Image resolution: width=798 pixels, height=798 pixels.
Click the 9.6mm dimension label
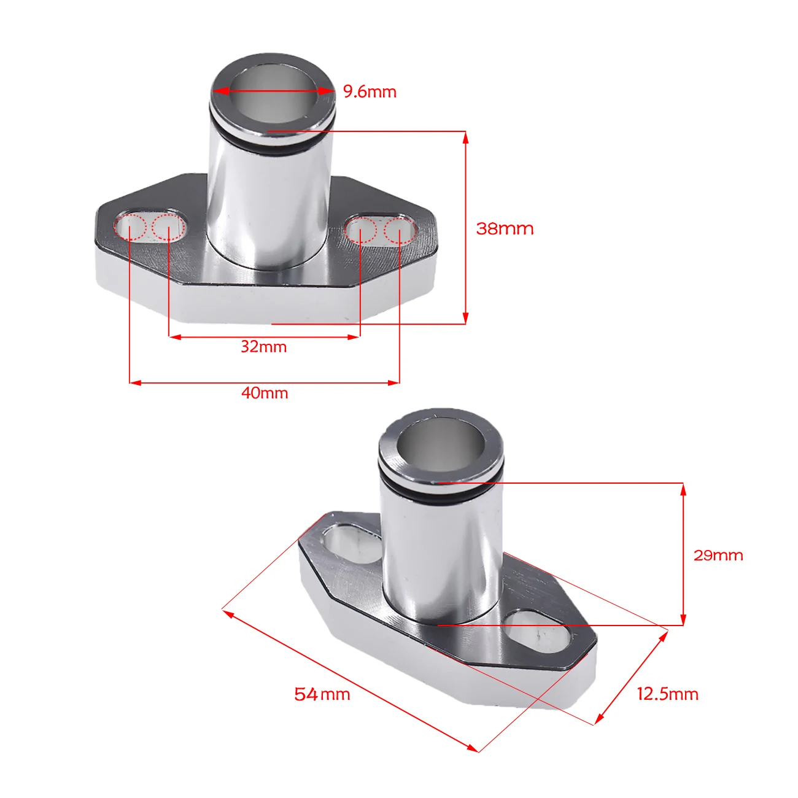coord(370,91)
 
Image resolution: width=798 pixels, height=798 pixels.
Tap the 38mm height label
coord(505,228)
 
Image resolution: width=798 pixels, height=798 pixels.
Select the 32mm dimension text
coord(264,347)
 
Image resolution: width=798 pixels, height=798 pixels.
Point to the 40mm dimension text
coord(265,393)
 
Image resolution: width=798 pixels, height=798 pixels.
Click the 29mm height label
coord(718,556)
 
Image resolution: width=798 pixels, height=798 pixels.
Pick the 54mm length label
coord(322,694)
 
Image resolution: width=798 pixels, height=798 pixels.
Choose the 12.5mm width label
coord(667,694)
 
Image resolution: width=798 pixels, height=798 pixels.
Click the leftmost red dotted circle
coord(130,227)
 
